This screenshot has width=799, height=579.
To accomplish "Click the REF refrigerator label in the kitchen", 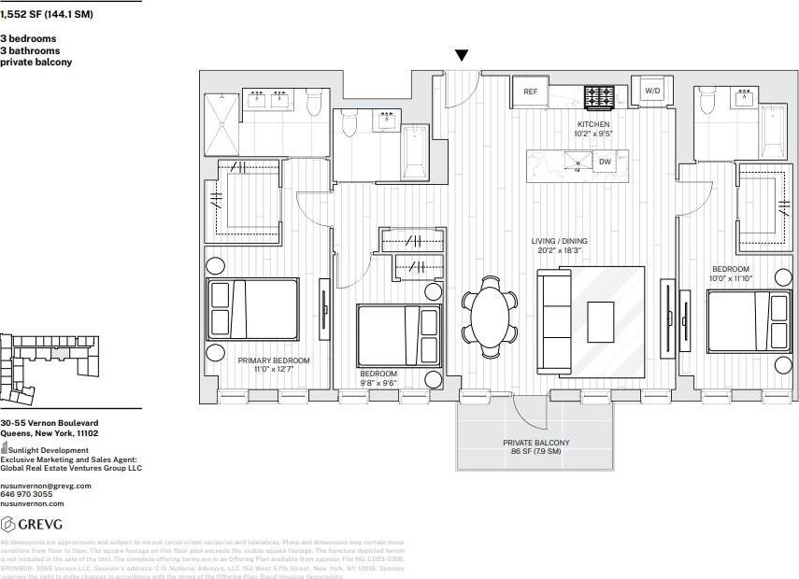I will [x=531, y=92].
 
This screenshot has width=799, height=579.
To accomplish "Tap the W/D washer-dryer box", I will [x=652, y=92].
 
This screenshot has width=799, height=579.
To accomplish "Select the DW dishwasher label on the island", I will [x=605, y=162].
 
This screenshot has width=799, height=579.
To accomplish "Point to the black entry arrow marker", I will [x=461, y=57].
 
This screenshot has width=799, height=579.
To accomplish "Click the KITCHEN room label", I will [x=593, y=124].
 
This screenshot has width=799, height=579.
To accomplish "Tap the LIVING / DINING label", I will [x=559, y=241].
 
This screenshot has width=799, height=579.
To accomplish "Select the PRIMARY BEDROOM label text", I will [x=273, y=360].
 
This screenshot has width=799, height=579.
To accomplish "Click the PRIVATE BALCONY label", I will [x=535, y=443].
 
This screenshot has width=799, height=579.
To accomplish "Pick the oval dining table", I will [x=491, y=317].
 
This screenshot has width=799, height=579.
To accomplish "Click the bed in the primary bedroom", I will [x=253, y=308].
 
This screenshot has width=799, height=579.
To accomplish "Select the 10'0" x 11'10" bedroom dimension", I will [x=730, y=279].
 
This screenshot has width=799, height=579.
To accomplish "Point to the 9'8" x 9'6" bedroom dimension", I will [x=379, y=383].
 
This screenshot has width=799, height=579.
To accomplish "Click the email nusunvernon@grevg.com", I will [x=46, y=486].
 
